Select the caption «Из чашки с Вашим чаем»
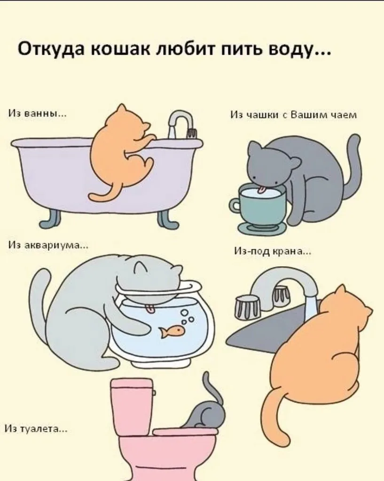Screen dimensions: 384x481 click(x=294, y=115)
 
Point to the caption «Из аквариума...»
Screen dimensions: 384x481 click(x=48, y=245)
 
